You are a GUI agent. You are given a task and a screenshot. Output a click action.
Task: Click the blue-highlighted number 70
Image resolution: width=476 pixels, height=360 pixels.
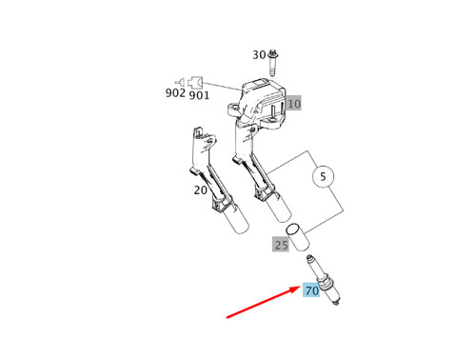pyautogui.click(x=311, y=290)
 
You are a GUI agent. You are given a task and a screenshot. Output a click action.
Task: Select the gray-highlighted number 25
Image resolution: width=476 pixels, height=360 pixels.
pyautogui.click(x=281, y=245)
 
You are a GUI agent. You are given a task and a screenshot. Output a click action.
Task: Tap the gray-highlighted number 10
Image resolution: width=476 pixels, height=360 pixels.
pyautogui.click(x=293, y=103)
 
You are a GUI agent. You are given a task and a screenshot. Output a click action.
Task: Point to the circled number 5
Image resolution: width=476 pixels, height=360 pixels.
pyautogui.click(x=323, y=176)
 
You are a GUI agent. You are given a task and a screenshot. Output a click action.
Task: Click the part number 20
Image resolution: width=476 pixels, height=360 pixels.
pyautogui.click(x=201, y=190)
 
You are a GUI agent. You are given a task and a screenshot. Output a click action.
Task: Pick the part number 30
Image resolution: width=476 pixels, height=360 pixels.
pyautogui.click(x=259, y=55)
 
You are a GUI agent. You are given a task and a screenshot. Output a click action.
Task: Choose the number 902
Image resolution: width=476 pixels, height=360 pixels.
pyautogui.click(x=175, y=94)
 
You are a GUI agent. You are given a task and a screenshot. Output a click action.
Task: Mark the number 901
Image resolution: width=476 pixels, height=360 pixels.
pyautogui.click(x=199, y=95)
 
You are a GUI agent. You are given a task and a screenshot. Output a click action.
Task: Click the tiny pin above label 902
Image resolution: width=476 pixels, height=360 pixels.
pyautogui.click(x=178, y=81)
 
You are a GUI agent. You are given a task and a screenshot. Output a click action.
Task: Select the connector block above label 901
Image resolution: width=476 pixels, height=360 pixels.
pyautogui.click(x=196, y=80)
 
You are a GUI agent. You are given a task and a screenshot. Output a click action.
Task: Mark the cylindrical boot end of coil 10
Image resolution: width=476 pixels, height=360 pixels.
pyautogui.click(x=273, y=204)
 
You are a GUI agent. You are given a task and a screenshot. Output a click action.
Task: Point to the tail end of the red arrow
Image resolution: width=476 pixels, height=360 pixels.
pyautogui.click(x=228, y=317)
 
